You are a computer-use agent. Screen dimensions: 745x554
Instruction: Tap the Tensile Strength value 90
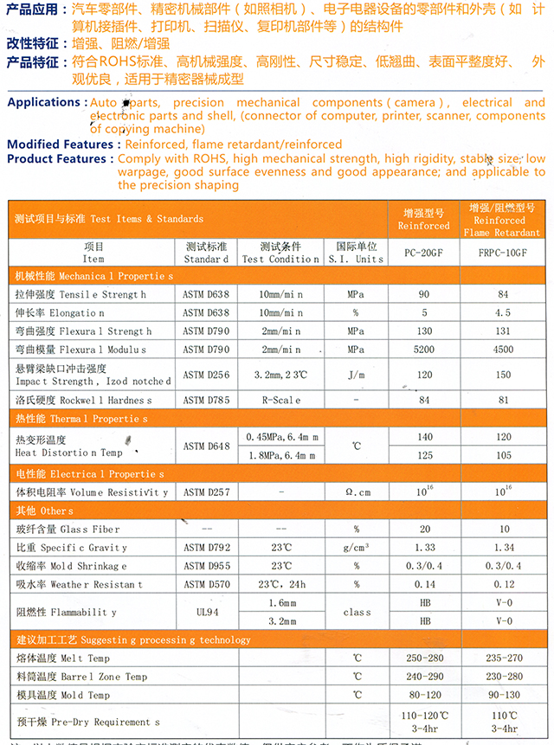[424, 294]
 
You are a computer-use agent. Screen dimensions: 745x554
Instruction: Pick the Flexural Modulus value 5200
[424, 350]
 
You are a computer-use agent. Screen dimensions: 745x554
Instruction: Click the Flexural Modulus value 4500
[505, 350]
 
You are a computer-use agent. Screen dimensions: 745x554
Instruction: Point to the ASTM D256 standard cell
[206, 375]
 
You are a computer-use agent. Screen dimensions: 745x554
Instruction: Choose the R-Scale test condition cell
[280, 401]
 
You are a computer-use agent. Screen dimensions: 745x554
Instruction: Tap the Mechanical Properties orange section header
[94, 275]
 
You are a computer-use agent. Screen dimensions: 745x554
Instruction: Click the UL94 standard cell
[206, 612]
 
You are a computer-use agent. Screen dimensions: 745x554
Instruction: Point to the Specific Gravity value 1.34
[505, 548]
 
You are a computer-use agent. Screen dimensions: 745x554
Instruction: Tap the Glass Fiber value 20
[424, 530]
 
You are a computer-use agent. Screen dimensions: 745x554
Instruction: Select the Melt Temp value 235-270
[505, 658]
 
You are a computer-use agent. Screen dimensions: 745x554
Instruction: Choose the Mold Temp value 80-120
[424, 695]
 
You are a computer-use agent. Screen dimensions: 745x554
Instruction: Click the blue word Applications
[44, 103]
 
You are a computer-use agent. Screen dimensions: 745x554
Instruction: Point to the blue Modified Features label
[61, 145]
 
